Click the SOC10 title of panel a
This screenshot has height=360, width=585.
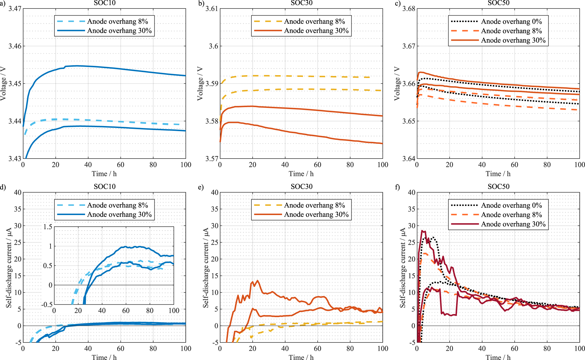point(104,3)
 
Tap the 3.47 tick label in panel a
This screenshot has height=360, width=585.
point(15,8)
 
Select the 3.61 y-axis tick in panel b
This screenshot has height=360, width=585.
point(212,8)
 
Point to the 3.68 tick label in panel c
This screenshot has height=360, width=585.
point(409,8)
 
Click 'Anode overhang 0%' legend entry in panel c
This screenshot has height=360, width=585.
point(511,21)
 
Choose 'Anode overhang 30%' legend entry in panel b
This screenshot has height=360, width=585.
point(316,31)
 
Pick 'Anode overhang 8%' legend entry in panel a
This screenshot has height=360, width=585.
point(117,21)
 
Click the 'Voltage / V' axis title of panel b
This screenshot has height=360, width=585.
point(200,84)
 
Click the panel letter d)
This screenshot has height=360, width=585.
point(3,187)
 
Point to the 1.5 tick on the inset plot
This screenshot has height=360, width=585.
point(48,227)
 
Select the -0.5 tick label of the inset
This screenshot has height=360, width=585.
point(47,305)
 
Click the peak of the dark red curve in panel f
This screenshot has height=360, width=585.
point(422,231)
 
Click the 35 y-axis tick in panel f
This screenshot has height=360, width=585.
point(412,209)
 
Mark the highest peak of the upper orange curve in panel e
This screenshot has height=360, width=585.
point(257,281)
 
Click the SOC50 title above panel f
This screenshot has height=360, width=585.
point(499,186)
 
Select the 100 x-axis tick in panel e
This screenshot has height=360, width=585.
point(383,348)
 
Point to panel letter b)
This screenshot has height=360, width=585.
point(201,3)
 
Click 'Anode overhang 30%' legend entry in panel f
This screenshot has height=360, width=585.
point(513,224)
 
